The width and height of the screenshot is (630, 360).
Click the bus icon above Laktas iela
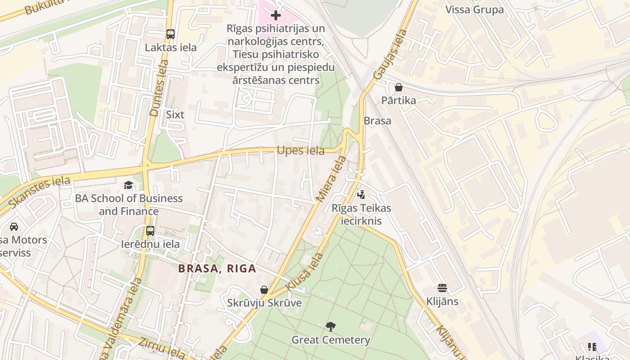point(170,34)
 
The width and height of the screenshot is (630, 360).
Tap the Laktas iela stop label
point(171,48)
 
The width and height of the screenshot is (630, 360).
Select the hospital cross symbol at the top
point(276,15)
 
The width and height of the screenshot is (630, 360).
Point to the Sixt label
point(175,115)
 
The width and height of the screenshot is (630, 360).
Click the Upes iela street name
point(301,151)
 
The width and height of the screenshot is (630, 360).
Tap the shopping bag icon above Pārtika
point(398,87)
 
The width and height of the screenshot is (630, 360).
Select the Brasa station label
point(377,121)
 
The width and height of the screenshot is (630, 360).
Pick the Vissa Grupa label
point(474,10)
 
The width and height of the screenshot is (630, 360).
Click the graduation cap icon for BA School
point(129,185)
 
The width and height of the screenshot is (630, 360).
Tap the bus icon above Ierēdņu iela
point(150,231)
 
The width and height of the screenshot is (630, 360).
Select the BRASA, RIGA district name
point(217,269)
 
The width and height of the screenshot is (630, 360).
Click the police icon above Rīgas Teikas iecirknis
point(361,195)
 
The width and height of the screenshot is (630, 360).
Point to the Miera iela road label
point(331,179)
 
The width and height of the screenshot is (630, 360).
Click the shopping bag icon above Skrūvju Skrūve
point(264,290)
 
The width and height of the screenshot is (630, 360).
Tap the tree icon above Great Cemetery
point(331,326)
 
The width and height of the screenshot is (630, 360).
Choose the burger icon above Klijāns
point(442,288)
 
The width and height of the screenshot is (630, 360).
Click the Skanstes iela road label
point(40,192)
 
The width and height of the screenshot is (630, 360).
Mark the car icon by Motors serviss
point(14,227)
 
